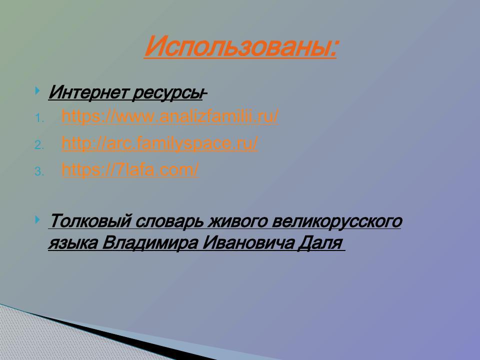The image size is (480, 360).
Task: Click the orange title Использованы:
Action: pyautogui.click(x=240, y=47)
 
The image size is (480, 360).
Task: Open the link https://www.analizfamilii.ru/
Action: pyautogui.click(x=169, y=117)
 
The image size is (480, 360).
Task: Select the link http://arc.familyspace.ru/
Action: pyautogui.click(x=159, y=144)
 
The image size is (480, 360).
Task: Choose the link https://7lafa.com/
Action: pyautogui.click(x=130, y=170)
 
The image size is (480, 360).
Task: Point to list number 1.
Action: pyautogui.click(x=39, y=119)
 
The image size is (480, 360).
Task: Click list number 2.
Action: pyautogui.click(x=39, y=145)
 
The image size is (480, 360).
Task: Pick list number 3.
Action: pyautogui.click(x=39, y=172)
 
